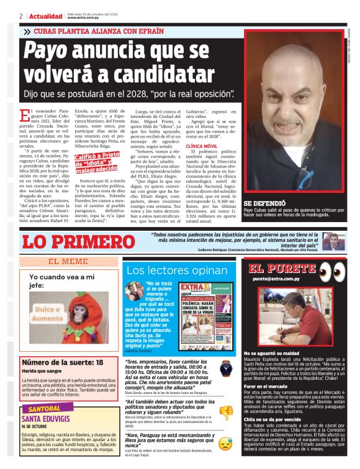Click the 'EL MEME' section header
pyautogui.click(x=68, y=262)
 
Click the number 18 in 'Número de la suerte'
pyautogui.click(x=99, y=362)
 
